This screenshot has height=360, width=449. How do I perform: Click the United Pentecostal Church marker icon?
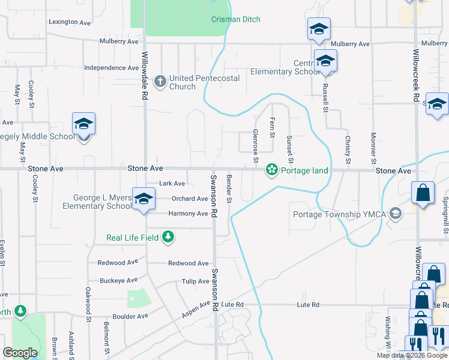pos(160,80)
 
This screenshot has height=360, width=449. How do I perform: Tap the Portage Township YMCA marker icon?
pos(395,214)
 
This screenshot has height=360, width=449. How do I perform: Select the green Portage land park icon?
pos(272,170)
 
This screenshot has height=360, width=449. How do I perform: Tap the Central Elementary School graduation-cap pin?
pos(325,61)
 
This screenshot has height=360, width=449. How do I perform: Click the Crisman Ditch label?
pos(236,19)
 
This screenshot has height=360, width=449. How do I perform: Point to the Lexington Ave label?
pos(69,23)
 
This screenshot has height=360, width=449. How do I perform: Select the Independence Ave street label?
pos(112,68)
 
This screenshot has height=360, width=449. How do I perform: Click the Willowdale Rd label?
pos(145,76)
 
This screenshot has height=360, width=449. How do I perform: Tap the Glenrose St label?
pos(255,145)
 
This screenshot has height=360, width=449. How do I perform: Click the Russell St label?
pos(325,97)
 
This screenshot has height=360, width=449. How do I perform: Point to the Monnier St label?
pos(373,148)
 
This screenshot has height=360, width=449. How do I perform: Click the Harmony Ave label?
pos(188,214)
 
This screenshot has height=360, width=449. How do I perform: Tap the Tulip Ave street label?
pos(195,281)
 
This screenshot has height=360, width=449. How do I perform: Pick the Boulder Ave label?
pos(130,316)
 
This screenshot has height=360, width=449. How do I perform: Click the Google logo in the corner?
pos(20,353)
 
